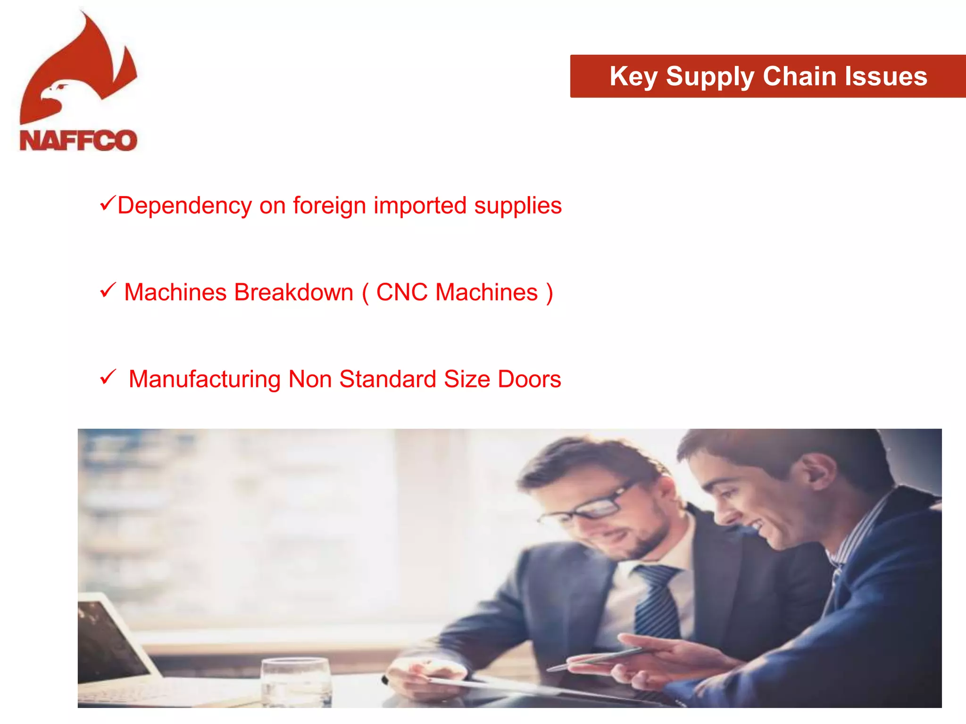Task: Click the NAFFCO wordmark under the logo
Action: pos(78,140)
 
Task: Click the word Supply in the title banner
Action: pos(710,76)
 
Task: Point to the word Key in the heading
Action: pos(633,77)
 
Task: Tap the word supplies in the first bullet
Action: pos(517,206)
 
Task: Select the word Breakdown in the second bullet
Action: pos(293,292)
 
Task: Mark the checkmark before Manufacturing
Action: pos(108,377)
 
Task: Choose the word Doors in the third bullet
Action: pos(529,379)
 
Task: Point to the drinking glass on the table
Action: pos(296,681)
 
